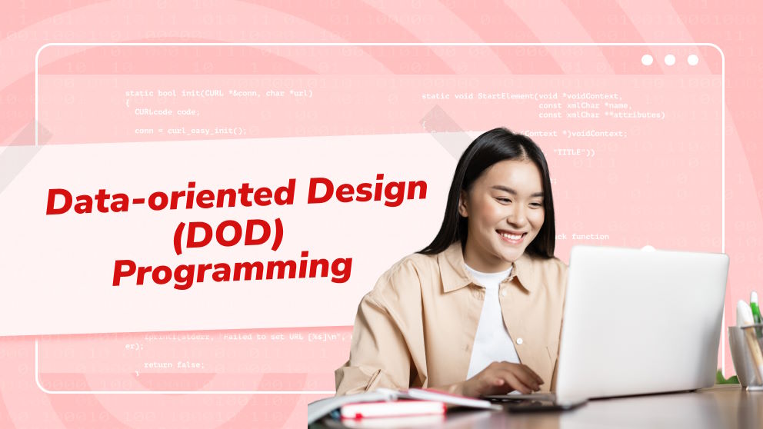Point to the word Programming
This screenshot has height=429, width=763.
coord(232,271)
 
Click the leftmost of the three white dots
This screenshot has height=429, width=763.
coord(647,60)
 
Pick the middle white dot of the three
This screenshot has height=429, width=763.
coord(670,60)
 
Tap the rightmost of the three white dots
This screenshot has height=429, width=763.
coord(693,60)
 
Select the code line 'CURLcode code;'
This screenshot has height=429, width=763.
coord(167,111)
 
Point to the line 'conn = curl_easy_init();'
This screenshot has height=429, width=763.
coord(191,131)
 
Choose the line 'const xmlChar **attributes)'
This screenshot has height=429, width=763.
coord(601,115)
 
